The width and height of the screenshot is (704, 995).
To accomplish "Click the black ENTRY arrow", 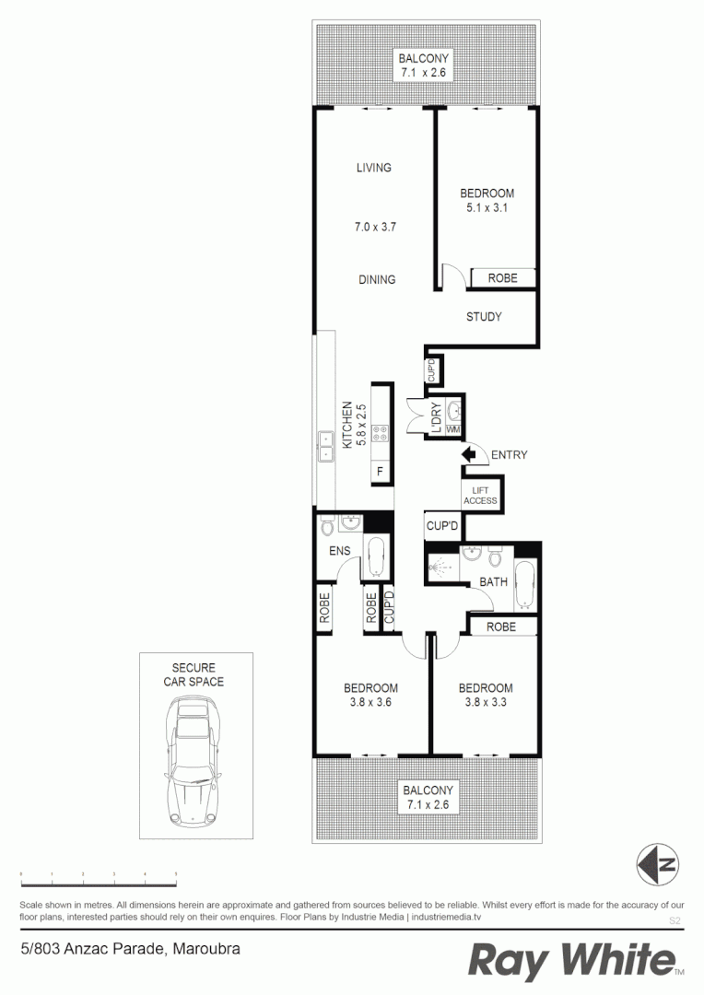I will [x=473, y=454].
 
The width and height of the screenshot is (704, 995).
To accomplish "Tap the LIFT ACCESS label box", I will [x=480, y=496].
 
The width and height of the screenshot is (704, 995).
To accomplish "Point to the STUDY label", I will [x=484, y=317].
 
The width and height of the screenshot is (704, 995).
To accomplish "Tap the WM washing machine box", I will [x=452, y=430].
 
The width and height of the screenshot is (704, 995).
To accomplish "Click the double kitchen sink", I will [x=325, y=446].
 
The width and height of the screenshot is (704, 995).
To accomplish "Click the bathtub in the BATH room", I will [x=523, y=585].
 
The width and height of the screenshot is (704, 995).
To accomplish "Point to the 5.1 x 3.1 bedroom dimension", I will [x=487, y=208].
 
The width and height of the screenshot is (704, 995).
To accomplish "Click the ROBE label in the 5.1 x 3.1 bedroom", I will [x=502, y=278].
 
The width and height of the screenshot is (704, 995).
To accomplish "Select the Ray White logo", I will [x=572, y=961].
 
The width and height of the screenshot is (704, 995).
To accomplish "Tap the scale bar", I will [x=99, y=872].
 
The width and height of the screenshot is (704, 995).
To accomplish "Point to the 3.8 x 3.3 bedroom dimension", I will [x=486, y=703].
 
